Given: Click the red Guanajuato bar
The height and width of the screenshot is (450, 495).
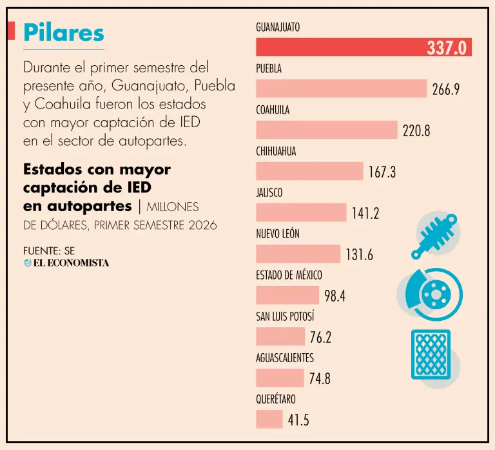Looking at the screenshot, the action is click(364, 47).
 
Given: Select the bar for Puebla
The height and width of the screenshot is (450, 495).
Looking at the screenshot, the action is click(341, 88).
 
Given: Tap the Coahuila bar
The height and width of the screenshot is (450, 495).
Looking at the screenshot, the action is click(327, 130).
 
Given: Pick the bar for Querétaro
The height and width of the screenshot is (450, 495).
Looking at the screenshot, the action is click(269, 419).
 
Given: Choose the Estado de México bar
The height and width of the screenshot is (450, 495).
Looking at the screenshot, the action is click(287, 295).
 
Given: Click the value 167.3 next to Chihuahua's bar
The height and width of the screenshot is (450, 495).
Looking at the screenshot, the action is click(382, 172).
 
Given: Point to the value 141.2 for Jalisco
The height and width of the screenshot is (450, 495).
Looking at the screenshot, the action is click(365, 214).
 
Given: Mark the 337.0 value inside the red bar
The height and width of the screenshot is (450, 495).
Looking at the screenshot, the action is click(447, 48).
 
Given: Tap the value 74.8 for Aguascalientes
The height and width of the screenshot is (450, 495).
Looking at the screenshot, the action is click(320, 378).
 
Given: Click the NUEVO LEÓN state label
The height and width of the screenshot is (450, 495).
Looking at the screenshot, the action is click(278, 234).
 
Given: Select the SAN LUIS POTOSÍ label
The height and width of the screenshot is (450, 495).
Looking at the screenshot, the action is click(285, 316).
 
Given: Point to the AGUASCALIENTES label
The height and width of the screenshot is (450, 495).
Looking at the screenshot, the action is click(285, 358).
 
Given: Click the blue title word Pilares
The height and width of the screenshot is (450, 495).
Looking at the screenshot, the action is click(64, 33).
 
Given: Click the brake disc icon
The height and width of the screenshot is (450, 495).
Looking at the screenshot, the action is click(430, 294).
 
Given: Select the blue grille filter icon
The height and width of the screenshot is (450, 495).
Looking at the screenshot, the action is click(431, 354).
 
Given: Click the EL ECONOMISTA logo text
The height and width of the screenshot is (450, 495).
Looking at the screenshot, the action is click(66, 263).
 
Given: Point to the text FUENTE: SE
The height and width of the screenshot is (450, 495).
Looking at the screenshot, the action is click(49, 251).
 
